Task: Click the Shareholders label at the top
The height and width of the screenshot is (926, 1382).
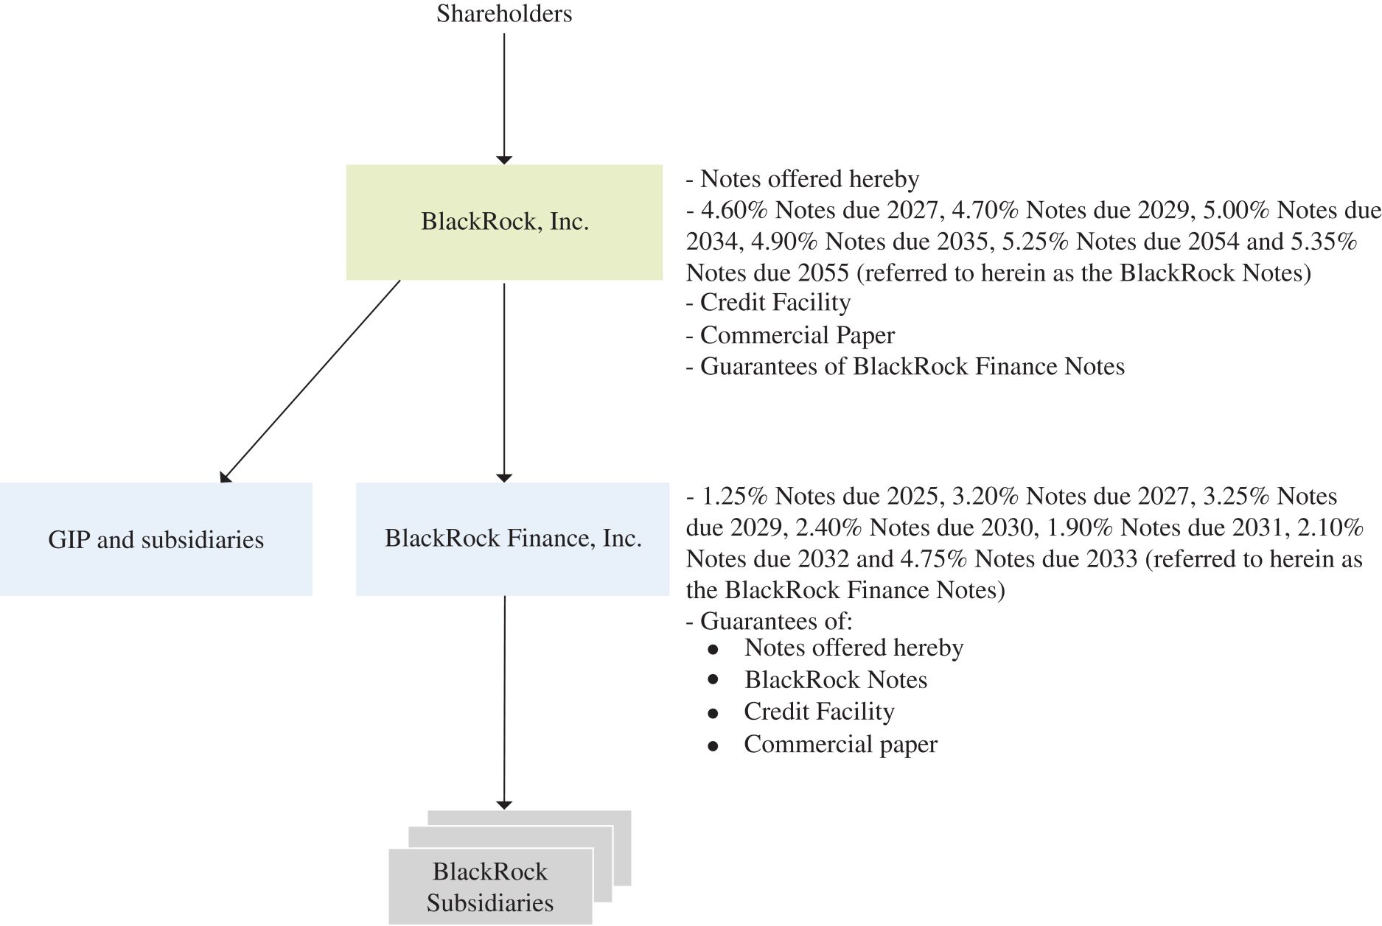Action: click(504, 14)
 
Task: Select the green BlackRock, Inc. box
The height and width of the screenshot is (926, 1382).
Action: click(504, 222)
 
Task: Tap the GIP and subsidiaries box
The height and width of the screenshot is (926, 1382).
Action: click(156, 539)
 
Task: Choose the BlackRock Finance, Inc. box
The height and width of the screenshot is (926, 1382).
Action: click(512, 539)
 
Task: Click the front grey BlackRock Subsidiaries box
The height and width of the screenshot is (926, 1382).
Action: click(490, 887)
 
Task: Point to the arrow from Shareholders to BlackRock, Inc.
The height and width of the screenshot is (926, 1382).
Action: click(504, 96)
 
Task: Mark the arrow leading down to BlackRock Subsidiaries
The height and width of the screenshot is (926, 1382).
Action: click(504, 700)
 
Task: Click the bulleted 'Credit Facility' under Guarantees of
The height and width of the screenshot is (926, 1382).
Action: click(819, 712)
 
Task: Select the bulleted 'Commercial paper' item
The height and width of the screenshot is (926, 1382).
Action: click(840, 745)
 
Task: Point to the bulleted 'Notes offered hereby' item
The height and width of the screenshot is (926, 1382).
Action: click(854, 648)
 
